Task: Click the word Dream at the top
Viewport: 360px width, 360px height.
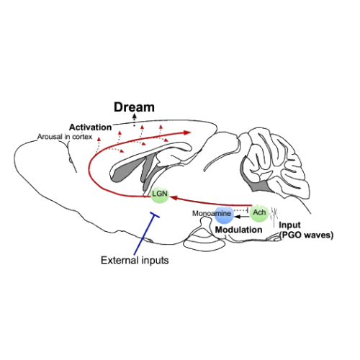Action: [134, 107]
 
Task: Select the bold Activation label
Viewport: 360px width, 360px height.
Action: [91, 127]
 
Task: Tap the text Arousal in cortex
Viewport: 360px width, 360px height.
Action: [65, 137]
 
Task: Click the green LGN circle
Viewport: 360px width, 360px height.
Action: [160, 194]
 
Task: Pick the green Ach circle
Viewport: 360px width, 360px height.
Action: [259, 212]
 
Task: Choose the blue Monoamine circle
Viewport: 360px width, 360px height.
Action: [224, 215]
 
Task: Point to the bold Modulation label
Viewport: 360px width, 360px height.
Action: [238, 230]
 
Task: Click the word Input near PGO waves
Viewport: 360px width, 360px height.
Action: [289, 225]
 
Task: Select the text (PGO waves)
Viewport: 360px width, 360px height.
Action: [307, 235]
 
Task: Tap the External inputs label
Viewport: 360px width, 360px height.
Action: [135, 261]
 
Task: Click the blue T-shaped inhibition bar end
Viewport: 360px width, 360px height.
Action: [155, 215]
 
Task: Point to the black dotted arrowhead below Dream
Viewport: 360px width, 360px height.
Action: [135, 116]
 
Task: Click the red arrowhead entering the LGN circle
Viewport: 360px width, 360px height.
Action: [173, 198]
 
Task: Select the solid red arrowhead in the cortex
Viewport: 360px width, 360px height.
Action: [187, 132]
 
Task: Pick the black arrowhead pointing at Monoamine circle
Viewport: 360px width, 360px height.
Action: [236, 217]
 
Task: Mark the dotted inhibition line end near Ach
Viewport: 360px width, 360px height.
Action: [247, 210]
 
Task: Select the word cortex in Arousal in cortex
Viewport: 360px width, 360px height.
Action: [82, 137]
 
